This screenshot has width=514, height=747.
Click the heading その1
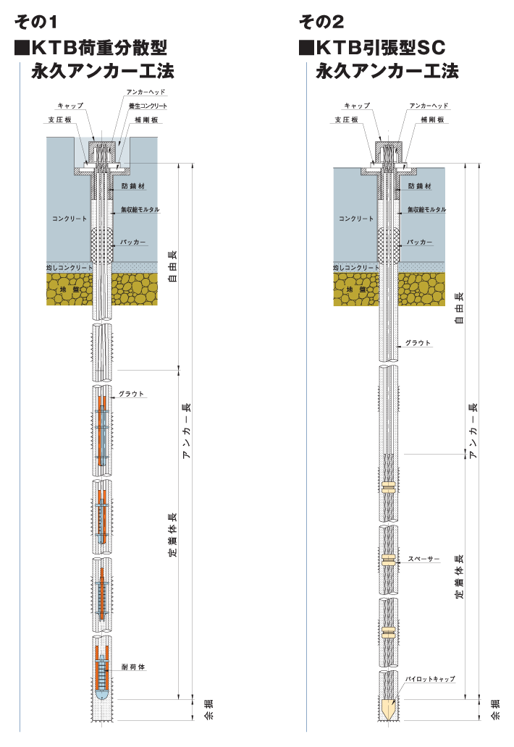36,22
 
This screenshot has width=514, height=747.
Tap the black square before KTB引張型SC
306,48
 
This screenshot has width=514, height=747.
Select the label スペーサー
423,560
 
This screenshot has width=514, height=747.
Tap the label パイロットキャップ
430,679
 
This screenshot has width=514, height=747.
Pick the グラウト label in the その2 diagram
418,342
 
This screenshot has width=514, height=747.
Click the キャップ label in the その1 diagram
70,106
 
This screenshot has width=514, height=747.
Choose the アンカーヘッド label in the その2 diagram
429,106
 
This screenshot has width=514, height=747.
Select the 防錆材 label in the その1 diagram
136,187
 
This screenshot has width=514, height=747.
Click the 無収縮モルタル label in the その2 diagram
426,209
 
